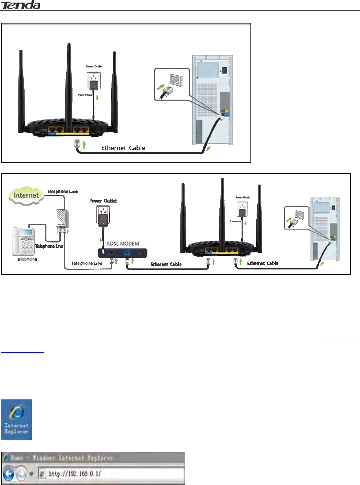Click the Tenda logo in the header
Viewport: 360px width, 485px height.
pos(21,5)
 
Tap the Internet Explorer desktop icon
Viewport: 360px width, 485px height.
pos(16,420)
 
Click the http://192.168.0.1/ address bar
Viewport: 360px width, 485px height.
pos(113,474)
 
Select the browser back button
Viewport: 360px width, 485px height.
pos(9,474)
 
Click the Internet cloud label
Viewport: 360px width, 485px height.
pos(26,196)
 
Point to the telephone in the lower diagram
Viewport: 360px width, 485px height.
pos(23,241)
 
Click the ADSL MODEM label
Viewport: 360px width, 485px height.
pos(123,244)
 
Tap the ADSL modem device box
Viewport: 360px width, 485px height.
pos(123,253)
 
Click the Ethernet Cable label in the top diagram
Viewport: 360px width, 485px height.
pos(123,148)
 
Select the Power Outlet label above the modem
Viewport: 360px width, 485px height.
pos(103,201)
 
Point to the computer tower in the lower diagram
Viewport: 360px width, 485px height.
pos(325,229)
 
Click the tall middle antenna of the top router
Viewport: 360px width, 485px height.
pos(69,85)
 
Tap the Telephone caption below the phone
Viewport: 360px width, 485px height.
pos(27,259)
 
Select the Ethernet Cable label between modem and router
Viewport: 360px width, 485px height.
pos(166,264)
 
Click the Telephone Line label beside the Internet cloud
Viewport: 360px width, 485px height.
pos(62,192)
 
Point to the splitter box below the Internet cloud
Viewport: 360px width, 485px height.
pos(62,219)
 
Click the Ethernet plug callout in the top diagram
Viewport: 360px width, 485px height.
pos(172,85)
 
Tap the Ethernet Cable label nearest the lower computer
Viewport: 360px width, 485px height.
pos(263,263)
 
